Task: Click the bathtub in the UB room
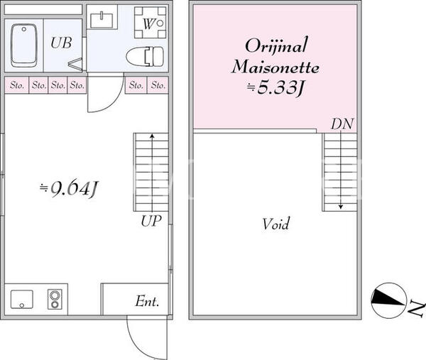point(24,45)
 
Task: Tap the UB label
point(61,43)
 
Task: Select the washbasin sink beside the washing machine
point(102,21)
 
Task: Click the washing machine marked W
point(151,23)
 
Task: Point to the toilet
point(145,57)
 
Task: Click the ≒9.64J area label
point(68,188)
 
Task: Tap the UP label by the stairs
point(151,221)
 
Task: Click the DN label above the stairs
point(342,124)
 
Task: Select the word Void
point(275,224)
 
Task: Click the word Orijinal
point(277,45)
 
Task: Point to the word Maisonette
point(275,67)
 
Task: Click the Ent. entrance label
point(147,301)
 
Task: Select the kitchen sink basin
point(22,300)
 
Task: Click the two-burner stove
point(55,299)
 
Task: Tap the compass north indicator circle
point(388,300)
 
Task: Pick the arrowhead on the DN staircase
point(340,207)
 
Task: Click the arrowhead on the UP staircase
point(152,136)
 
